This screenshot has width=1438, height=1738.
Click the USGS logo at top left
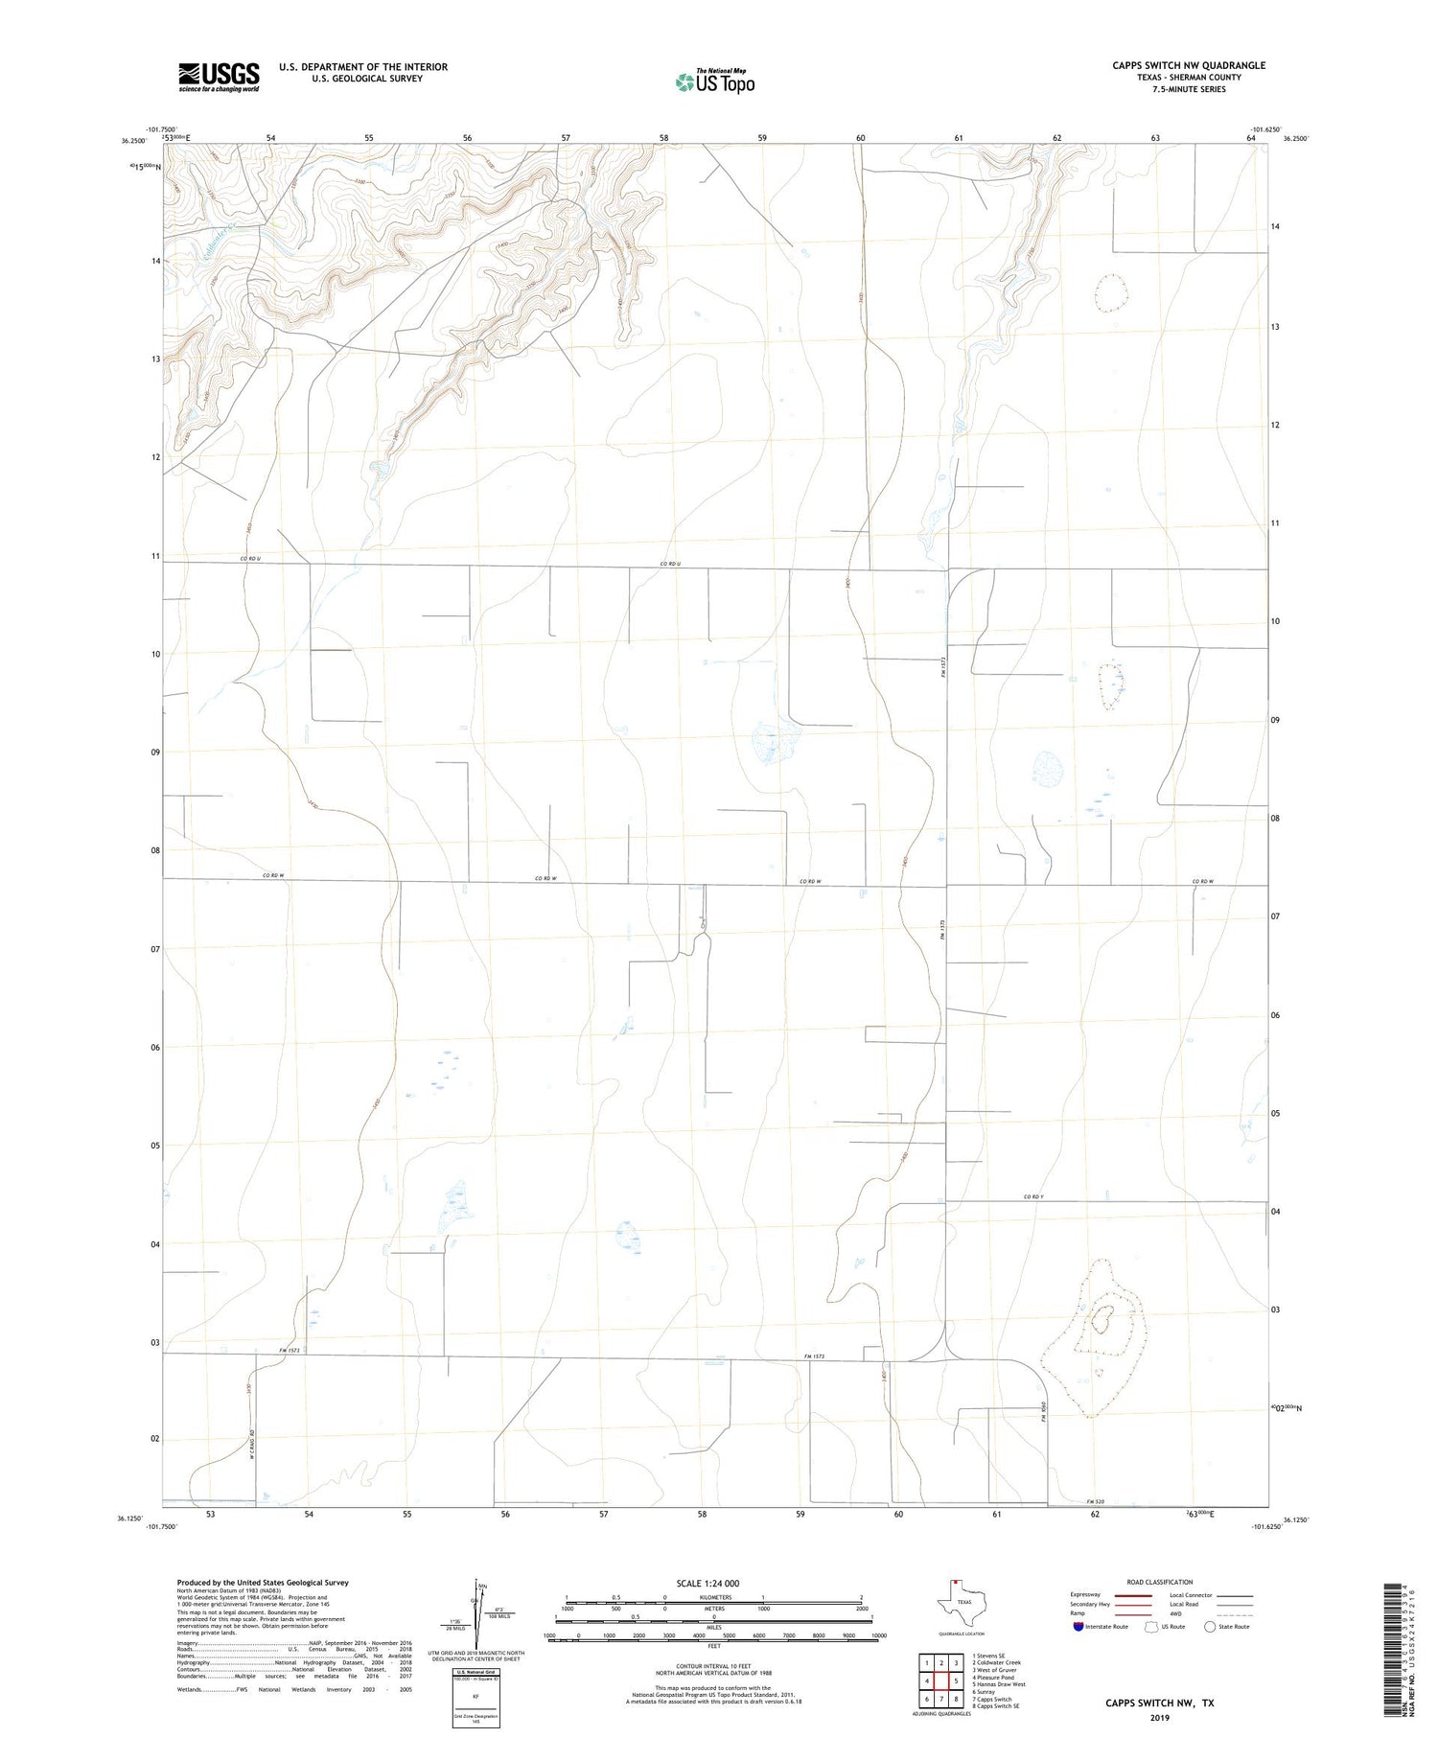pyautogui.click(x=219, y=77)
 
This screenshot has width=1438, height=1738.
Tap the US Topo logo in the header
pyautogui.click(x=715, y=81)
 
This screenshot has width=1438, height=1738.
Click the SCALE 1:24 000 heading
pyautogui.click(x=707, y=1583)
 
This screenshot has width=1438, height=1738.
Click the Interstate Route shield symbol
pyautogui.click(x=1078, y=1627)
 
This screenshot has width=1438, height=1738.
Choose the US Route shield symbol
pyautogui.click(x=1152, y=1627)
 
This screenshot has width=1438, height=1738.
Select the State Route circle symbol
pyautogui.click(x=1210, y=1627)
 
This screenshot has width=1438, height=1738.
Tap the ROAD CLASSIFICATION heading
pyautogui.click(x=1160, y=1582)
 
